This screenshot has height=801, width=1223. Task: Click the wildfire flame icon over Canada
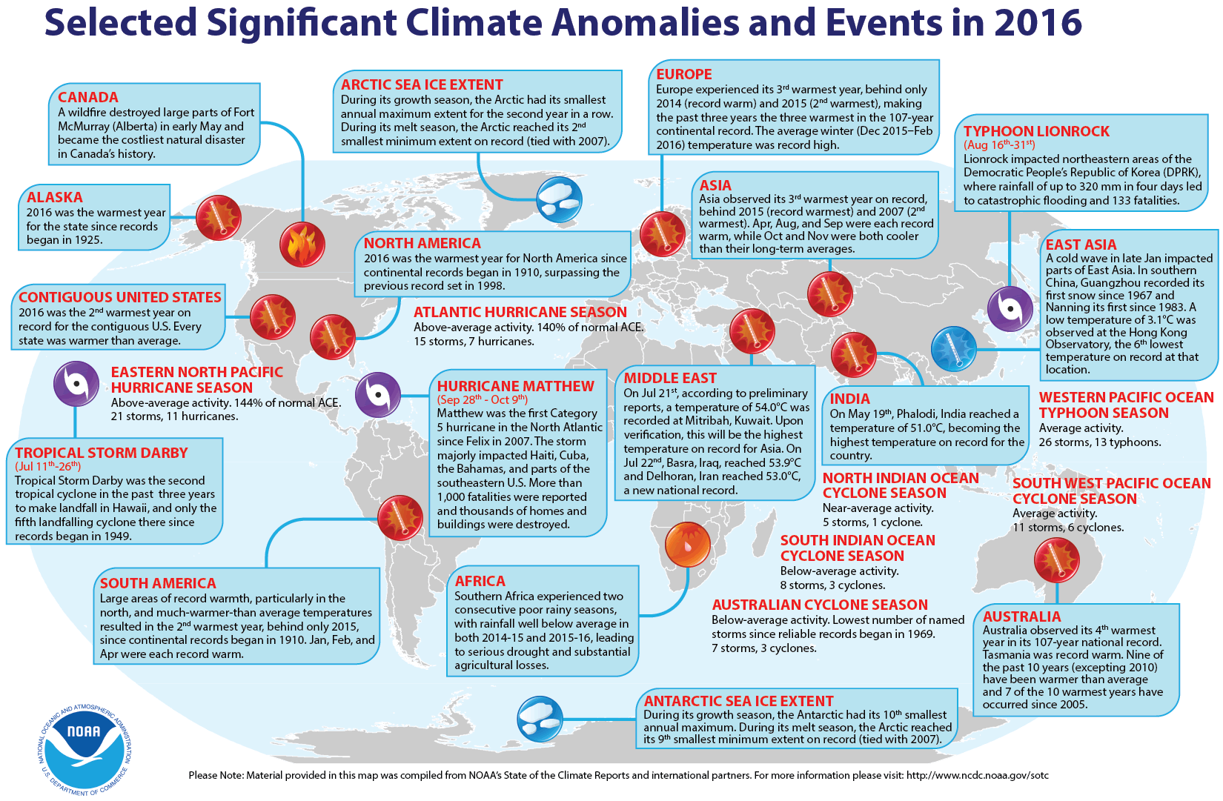click(302, 245)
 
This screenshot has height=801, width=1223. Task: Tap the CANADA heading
click(88, 97)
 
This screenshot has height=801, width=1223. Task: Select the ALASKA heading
click(55, 197)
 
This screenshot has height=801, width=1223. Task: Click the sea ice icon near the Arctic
click(559, 199)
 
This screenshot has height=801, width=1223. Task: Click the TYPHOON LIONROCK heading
click(1036, 131)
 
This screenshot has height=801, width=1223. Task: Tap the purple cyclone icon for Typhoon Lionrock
click(1010, 309)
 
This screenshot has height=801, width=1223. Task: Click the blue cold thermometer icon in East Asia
click(954, 348)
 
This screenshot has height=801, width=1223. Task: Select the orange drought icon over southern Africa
click(687, 545)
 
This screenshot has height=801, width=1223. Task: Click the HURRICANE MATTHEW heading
click(515, 386)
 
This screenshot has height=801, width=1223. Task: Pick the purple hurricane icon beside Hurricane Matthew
click(378, 394)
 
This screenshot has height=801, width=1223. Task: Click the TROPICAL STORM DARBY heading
click(102, 453)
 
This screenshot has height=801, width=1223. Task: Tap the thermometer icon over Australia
click(1056, 560)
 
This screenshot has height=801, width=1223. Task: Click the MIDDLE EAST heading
click(670, 378)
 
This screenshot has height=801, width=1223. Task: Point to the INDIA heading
click(849, 399)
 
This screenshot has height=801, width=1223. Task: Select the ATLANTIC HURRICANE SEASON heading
click(520, 312)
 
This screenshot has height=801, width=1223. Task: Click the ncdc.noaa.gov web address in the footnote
click(977, 775)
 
